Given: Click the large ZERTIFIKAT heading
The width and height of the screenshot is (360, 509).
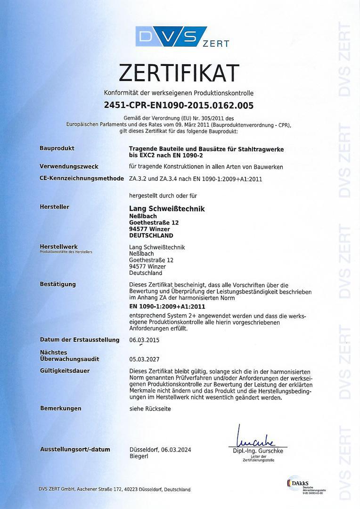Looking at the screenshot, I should [x=179, y=73].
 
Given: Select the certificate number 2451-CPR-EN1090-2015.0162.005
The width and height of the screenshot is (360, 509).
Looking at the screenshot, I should [x=179, y=106].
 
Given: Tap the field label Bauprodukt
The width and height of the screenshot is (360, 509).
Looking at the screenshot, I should [x=57, y=148].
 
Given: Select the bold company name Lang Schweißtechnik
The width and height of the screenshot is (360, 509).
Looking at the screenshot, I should [x=167, y=208].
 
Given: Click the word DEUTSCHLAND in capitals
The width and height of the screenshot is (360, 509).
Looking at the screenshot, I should [x=151, y=235].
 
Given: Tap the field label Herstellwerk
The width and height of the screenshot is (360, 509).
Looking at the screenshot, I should [x=59, y=246].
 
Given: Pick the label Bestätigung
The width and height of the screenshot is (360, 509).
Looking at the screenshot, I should [x=58, y=284].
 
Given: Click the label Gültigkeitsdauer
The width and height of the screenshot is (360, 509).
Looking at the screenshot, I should [x=65, y=371].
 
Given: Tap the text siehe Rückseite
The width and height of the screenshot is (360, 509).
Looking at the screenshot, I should [x=150, y=409].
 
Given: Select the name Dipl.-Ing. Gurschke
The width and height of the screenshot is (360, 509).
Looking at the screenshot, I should [x=258, y=451].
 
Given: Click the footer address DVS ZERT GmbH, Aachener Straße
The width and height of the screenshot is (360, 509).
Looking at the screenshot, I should [x=115, y=489].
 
